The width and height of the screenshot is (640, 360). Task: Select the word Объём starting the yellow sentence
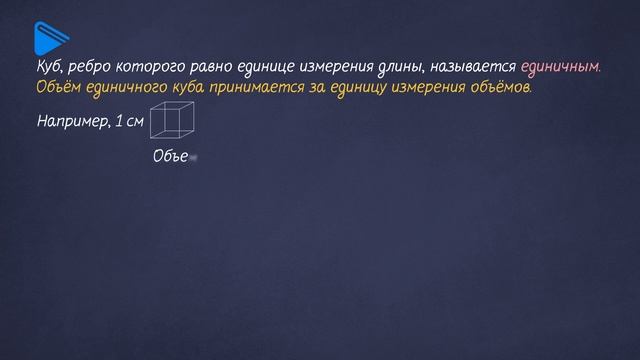click(55, 87)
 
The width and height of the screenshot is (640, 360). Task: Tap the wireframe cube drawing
click(171, 123)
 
